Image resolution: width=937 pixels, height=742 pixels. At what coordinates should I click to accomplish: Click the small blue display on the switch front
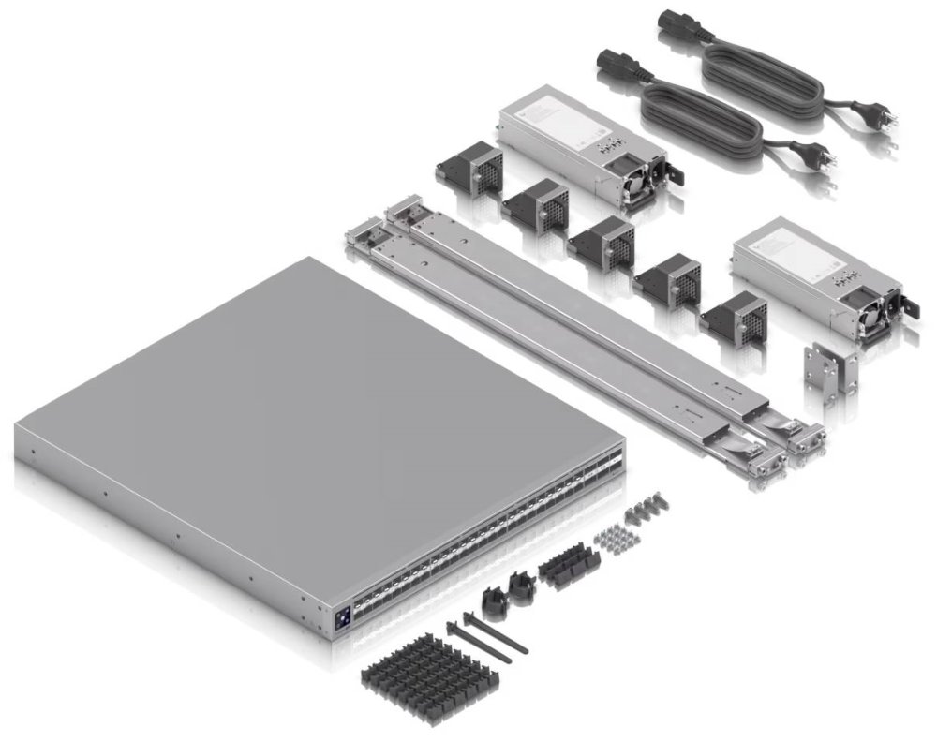coord(342,617)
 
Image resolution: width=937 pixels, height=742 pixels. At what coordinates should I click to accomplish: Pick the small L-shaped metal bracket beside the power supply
coord(830,369)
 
